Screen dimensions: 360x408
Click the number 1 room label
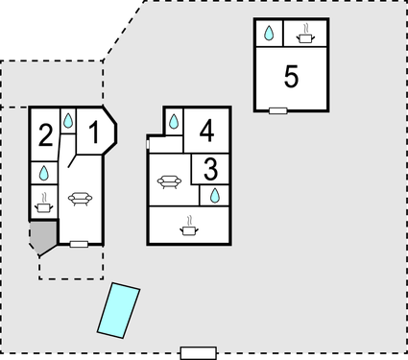coord(94,134)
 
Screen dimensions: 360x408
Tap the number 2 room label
coord(45,135)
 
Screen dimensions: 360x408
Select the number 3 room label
coord(211,169)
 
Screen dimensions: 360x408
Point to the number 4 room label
coord(207,130)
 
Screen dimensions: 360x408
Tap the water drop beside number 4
coord(174,122)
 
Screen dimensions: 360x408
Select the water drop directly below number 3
coord(214,196)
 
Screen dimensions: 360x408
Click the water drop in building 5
coord(270,34)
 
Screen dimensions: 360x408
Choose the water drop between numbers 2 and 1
coord(69,122)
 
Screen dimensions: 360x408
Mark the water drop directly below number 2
coord(44,174)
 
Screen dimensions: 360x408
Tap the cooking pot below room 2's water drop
coord(44,204)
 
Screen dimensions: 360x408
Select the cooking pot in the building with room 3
coord(189,228)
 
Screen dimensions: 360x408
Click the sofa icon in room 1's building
coord(80,200)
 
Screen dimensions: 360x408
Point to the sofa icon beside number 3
coord(170,181)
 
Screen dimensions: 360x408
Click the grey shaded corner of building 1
coord(42,236)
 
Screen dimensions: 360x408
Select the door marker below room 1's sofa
coord(80,245)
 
